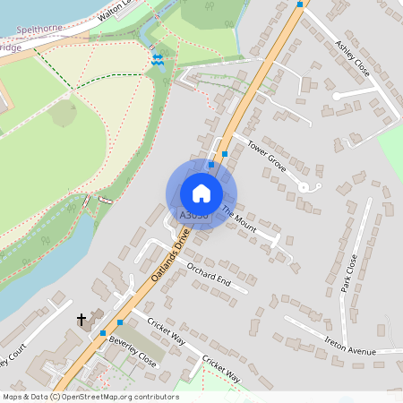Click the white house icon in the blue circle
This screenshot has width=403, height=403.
click(x=201, y=193)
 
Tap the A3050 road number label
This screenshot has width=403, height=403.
click(x=193, y=216)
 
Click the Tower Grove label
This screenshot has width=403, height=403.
click(x=265, y=153)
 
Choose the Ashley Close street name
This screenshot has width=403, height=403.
click(x=353, y=57)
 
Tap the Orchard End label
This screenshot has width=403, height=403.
click(x=208, y=275)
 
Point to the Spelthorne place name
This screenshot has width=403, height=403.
click(x=37, y=30)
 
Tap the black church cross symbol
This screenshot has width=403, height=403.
click(x=81, y=319)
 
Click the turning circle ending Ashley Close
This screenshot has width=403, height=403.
click(x=337, y=95)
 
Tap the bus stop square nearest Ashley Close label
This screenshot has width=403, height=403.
click(x=299, y=4)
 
